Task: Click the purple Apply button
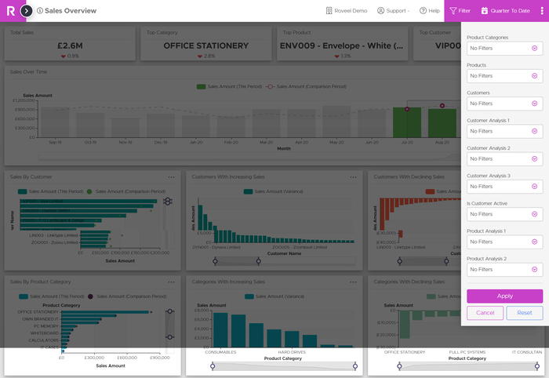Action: coord(504,296)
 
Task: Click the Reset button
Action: coord(524,313)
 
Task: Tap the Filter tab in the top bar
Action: coord(460,11)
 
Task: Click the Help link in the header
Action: coord(430,11)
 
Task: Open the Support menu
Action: coord(393,11)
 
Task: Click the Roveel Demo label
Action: coord(346,11)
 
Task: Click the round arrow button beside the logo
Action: coord(27,11)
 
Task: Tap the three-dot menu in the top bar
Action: coord(541,11)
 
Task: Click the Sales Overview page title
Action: coord(71,11)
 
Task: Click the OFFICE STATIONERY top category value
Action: coord(205,45)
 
